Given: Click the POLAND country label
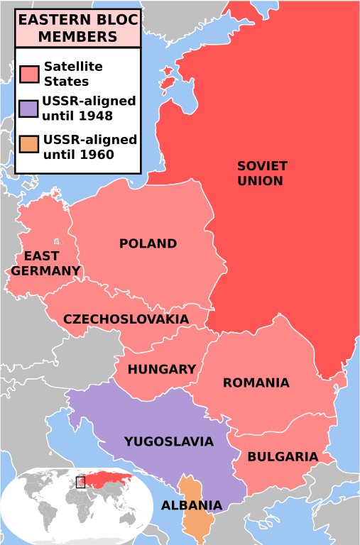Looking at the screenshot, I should [148, 243].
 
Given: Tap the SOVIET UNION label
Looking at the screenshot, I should [262, 173].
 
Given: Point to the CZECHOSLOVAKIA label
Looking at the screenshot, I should [126, 319].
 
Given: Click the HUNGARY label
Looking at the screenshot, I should [161, 369].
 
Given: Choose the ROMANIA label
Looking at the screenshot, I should [256, 382].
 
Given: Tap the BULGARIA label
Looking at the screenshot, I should [282, 457].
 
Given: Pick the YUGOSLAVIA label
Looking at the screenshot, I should [168, 441].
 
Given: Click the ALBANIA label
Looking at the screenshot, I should [191, 506].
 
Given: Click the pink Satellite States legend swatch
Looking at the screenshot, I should [29, 74].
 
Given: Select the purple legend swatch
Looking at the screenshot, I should [28, 109].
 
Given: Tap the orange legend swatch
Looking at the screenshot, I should [28, 146].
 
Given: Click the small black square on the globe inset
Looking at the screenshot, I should [80, 483].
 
